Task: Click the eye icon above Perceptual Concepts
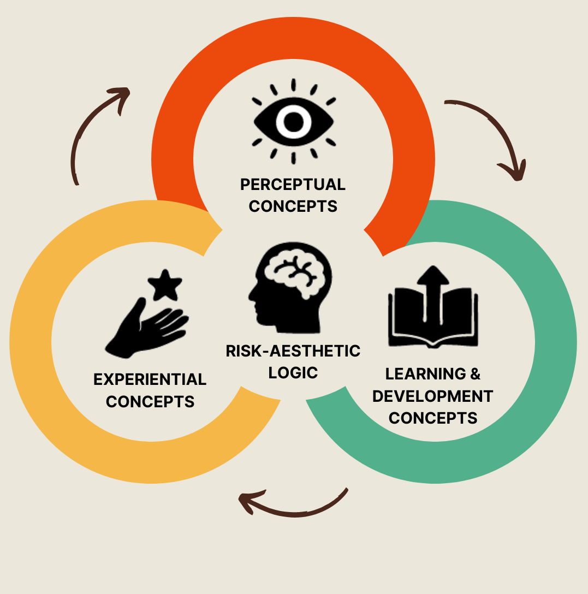point(293,121)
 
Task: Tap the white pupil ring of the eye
point(293,121)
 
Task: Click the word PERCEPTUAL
point(293,185)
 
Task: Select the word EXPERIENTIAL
point(150,379)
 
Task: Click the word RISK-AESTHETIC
point(293,351)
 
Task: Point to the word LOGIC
point(293,373)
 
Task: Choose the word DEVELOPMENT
point(433,396)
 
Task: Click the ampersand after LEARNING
point(475,374)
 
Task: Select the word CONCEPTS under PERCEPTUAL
point(293,206)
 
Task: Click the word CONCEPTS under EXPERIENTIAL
point(150,402)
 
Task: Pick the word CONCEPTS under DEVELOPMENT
point(433,418)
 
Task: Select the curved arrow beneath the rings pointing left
point(292,505)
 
